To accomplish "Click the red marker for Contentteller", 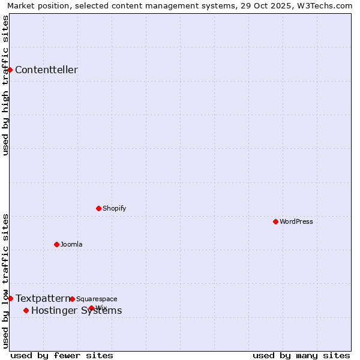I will point(10,70).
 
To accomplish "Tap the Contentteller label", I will point(46,70).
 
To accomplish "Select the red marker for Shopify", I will point(98,208).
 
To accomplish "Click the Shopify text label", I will point(114,209).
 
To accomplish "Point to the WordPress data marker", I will point(275,221).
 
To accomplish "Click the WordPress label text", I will point(296,222).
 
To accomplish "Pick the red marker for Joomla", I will point(56,244).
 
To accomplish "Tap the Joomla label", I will point(71,245).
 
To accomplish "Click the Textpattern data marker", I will point(10,298).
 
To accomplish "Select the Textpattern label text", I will point(43,298).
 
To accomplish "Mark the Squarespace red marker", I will point(72,299).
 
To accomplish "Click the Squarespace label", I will point(97,299).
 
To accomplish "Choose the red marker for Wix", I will point(91,308).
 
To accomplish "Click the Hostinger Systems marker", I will point(26,310).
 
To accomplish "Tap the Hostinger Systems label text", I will point(76,311).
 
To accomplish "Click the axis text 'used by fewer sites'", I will point(62,355).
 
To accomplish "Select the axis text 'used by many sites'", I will point(301,355).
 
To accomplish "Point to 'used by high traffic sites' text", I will point(5,85).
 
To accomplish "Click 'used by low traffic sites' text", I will point(5,281).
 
